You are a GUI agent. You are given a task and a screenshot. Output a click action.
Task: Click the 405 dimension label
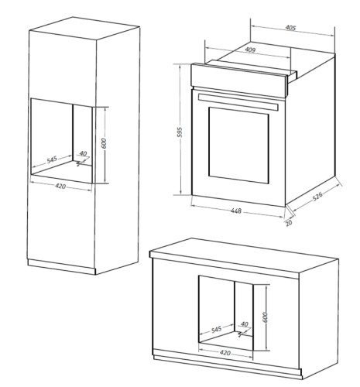pyautogui.click(x=290, y=28)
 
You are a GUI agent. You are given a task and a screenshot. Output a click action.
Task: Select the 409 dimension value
pyautogui.click(x=250, y=50)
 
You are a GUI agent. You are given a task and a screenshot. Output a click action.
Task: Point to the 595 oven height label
pyautogui.click(x=180, y=132)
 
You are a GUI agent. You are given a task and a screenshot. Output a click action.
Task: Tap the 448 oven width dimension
pyautogui.click(x=236, y=211)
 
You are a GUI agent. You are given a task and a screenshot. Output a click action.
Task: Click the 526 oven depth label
pyautogui.click(x=317, y=197)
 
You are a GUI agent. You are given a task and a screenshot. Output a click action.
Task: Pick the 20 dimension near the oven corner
pyautogui.click(x=289, y=223)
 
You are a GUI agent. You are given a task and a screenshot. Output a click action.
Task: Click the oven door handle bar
pyautogui.click(x=238, y=102)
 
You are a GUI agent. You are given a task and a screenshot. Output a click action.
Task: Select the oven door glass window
pyautogui.click(x=238, y=146)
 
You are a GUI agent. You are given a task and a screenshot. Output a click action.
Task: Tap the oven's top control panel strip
pyautogui.click(x=238, y=80)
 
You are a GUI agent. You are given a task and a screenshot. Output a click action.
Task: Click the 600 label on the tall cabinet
pyautogui.click(x=104, y=143)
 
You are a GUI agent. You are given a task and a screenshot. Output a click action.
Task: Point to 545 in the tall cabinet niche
pyautogui.click(x=52, y=159)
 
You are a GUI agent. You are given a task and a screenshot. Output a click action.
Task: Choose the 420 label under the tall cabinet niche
pyautogui.click(x=60, y=186)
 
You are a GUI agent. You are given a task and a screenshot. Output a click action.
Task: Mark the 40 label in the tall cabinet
pyautogui.click(x=83, y=154)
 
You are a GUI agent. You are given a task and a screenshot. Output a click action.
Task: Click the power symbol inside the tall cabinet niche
pyautogui.click(x=81, y=163)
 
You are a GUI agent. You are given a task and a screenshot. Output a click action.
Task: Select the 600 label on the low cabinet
pyautogui.click(x=265, y=317)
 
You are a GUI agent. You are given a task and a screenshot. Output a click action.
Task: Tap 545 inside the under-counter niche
pyautogui.click(x=216, y=329)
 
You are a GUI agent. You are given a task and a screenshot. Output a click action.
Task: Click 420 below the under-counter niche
pyautogui.click(x=225, y=352)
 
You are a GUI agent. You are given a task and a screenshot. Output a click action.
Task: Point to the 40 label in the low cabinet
pyautogui.click(x=244, y=324)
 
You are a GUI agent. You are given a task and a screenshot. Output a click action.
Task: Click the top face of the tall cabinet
pyautogui.click(x=84, y=29)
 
